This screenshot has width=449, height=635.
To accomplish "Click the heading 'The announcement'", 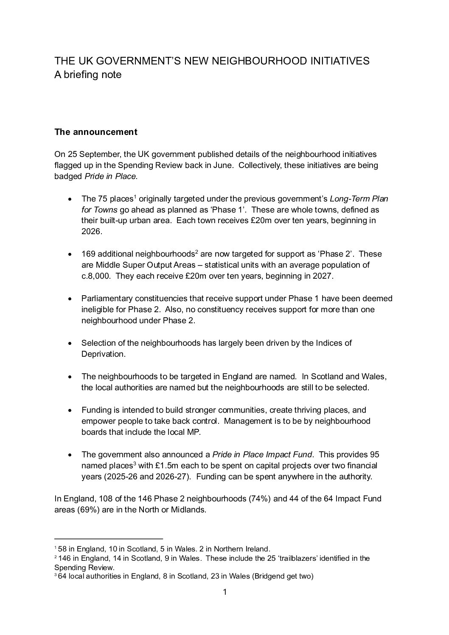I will pos(96,132).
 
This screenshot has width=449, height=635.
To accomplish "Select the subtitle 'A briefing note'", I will pos(88,75).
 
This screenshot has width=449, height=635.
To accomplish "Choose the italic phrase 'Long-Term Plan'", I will pos(359,199).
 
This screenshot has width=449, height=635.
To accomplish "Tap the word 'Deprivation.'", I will pos(103,354).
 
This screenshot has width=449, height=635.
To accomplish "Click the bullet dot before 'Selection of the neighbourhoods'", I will pos(70,343).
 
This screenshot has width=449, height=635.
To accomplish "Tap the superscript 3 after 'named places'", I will pos(135,463).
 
